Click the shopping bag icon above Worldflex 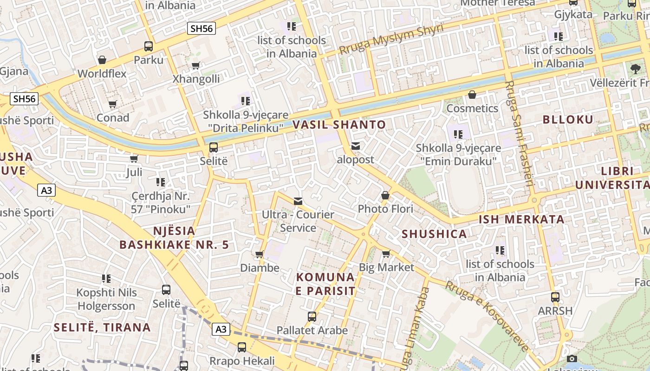click(x=102, y=60)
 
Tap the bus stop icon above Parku click(x=149, y=46)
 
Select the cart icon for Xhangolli click(x=196, y=65)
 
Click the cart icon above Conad click(x=112, y=104)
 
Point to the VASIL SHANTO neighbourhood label click(x=339, y=124)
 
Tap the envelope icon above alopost click(x=356, y=146)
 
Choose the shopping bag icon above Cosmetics click(x=472, y=95)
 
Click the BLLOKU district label click(x=568, y=120)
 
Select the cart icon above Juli click(x=134, y=159)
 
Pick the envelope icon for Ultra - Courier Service click(x=298, y=201)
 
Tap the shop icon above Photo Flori click(x=385, y=196)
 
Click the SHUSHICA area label click(x=434, y=234)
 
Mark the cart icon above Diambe click(x=260, y=254)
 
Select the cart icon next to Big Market click(x=386, y=254)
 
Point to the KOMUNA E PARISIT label click(x=325, y=284)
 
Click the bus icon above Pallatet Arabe click(x=312, y=317)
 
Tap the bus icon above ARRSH click(x=555, y=297)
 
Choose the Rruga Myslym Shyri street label click(x=391, y=39)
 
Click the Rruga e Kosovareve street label click(x=487, y=316)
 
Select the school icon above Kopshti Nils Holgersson click(x=106, y=279)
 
